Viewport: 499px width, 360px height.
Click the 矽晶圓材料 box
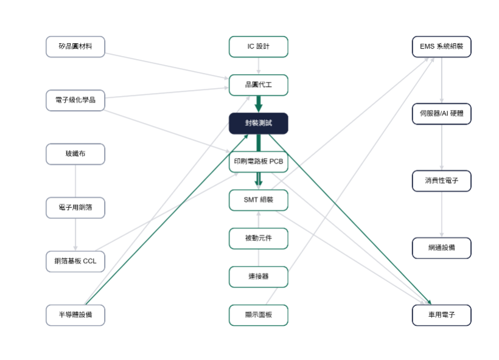pyautogui.click(x=75, y=47)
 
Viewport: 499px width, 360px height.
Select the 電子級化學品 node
pyautogui.click(x=75, y=100)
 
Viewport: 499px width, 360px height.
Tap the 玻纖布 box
pyautogui.click(x=75, y=154)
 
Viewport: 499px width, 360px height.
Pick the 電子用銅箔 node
pyautogui.click(x=75, y=207)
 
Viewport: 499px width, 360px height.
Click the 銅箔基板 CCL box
pyautogui.click(x=75, y=261)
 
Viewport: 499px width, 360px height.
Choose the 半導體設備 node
pyautogui.click(x=75, y=315)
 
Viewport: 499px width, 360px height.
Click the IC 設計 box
pyautogui.click(x=259, y=47)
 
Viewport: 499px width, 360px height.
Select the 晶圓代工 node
pyautogui.click(x=259, y=85)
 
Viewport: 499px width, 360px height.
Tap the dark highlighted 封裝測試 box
pyautogui.click(x=259, y=123)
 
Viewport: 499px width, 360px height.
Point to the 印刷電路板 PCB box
pyautogui.click(x=259, y=162)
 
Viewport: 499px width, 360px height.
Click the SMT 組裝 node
pyautogui.click(x=259, y=200)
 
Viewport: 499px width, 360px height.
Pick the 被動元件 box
pyautogui.click(x=259, y=238)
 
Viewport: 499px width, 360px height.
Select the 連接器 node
pyautogui.click(x=259, y=277)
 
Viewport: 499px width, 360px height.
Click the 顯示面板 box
pyautogui.click(x=259, y=315)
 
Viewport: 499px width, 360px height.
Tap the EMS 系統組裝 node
pyautogui.click(x=442, y=47)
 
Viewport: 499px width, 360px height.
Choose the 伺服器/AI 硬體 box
pyautogui.click(x=442, y=114)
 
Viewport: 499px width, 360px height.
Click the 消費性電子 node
pyautogui.click(x=442, y=181)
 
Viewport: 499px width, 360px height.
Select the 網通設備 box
pyautogui.click(x=442, y=248)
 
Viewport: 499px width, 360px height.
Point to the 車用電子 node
pyautogui.click(x=442, y=315)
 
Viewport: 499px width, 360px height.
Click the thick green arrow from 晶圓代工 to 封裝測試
pyautogui.click(x=259, y=104)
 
